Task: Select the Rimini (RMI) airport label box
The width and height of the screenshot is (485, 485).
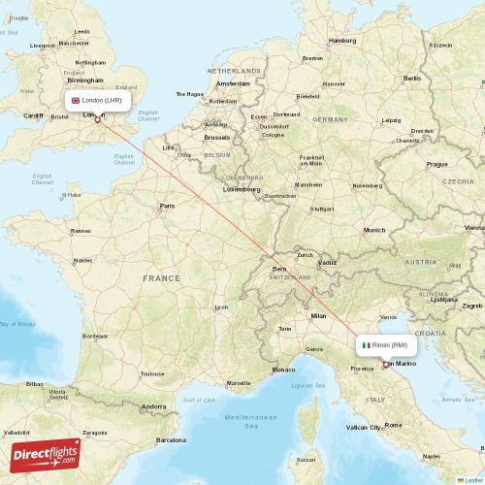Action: pos(387,345)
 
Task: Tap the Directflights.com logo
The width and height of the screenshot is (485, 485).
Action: pos(46,456)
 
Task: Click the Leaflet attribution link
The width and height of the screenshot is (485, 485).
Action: pos(470,479)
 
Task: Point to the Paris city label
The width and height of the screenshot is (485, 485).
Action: pos(168,206)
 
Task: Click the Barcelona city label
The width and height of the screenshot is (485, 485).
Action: pos(170,439)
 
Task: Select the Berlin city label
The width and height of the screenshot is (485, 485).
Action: pos(412,79)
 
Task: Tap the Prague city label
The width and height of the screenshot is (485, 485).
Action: pos(436,164)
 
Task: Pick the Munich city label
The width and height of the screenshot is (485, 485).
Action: pos(373,230)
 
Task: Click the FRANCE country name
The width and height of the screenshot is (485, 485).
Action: pos(162,278)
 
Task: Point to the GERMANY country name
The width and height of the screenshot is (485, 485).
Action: pos(330,119)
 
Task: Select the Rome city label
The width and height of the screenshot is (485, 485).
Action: pos(394,424)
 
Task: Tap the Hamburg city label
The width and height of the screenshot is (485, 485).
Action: pos(342,41)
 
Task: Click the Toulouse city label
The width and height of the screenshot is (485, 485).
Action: pos(152,373)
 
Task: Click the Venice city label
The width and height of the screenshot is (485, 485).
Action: pos(389,317)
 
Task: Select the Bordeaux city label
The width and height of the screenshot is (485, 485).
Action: pos(95,337)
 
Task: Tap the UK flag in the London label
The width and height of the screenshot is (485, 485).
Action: pos(76,100)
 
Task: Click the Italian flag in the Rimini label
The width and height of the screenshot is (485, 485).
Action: pos(366,345)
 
